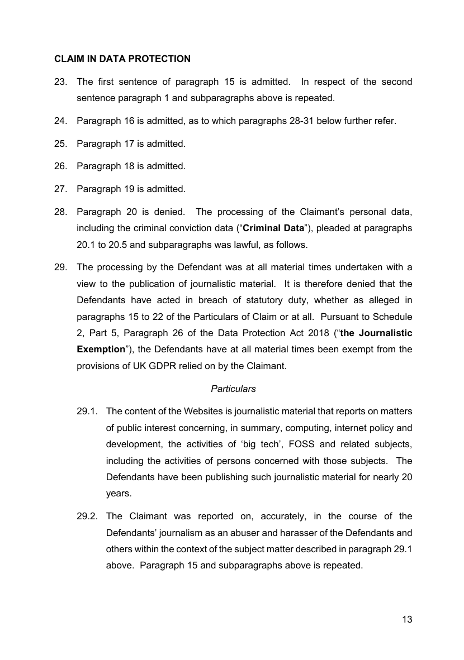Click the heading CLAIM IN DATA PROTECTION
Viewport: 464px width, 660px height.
point(122,59)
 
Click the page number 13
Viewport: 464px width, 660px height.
point(406,619)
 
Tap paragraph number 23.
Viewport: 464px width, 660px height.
point(60,82)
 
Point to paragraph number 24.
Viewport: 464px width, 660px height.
point(60,121)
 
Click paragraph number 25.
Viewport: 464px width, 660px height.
point(60,144)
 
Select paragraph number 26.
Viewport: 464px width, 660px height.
point(60,166)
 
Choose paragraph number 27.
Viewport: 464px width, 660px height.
point(60,189)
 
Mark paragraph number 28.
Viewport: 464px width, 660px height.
point(60,212)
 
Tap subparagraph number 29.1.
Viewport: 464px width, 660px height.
point(87,412)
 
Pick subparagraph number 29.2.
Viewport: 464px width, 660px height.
point(87,516)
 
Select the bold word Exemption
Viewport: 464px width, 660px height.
point(101,350)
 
